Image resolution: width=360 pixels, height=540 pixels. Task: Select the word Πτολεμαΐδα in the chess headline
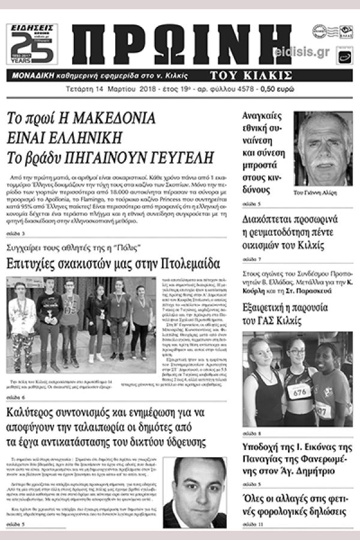point(191,264)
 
